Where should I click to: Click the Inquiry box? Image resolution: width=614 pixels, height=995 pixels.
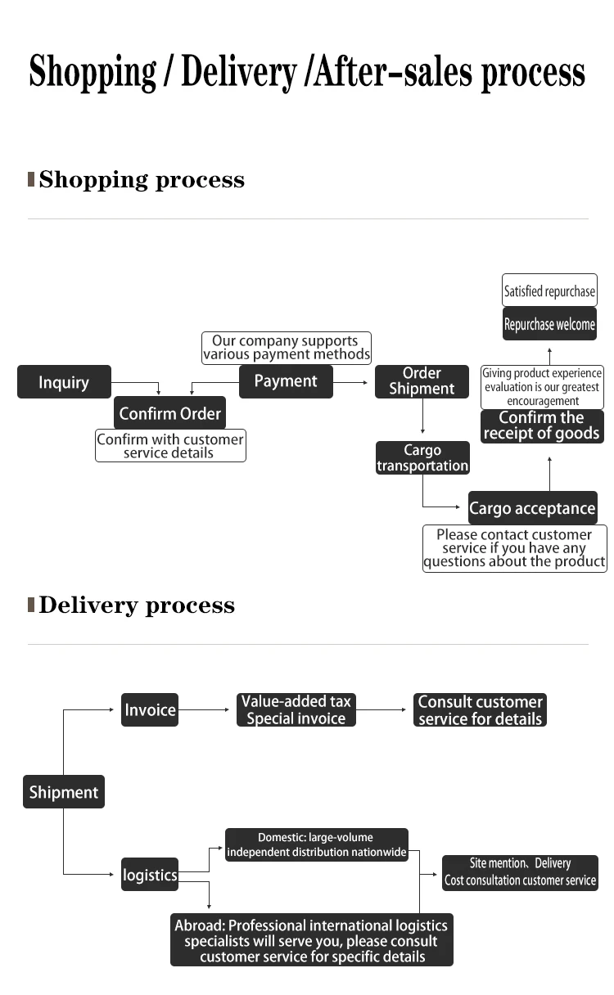(64, 382)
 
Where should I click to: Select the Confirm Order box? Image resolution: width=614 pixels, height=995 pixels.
(169, 413)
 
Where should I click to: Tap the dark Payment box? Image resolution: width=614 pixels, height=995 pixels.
(286, 381)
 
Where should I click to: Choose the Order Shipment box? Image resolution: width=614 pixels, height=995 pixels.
(422, 381)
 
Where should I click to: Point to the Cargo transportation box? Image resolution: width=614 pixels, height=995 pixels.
(422, 457)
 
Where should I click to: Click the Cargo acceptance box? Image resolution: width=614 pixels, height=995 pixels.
(532, 508)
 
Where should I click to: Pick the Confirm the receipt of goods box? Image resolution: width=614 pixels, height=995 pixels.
(542, 425)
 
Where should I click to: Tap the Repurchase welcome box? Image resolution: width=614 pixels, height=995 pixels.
(549, 324)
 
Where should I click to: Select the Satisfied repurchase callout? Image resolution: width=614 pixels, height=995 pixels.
(549, 291)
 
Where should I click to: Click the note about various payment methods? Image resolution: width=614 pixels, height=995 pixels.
(286, 348)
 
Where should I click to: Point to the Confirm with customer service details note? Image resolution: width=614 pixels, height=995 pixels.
(170, 446)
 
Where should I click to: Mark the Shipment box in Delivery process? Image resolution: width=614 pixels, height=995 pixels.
(63, 792)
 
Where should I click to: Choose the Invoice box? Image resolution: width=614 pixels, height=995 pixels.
(150, 709)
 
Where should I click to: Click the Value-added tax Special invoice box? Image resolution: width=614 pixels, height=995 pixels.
(296, 709)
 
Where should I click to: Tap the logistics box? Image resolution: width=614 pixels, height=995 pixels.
(150, 875)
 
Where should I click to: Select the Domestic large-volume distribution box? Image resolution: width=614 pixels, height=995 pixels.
(316, 844)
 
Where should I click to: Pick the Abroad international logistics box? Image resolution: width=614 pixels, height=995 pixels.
(311, 940)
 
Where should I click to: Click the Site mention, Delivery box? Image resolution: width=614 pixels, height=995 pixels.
(520, 872)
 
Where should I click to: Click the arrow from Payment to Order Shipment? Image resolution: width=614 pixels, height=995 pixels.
(352, 382)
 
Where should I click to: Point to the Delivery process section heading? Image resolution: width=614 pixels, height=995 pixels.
(137, 606)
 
